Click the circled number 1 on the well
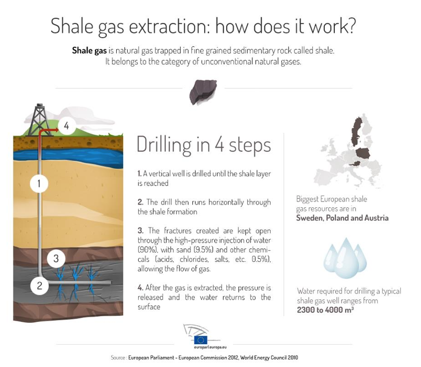coord(39,183)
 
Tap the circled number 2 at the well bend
coord(40,285)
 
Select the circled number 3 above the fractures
coord(56,258)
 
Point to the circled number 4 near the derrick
coord(66,125)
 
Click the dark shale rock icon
coord(203,92)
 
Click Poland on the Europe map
coord(363,153)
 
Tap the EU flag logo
coord(201,340)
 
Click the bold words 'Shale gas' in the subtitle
coord(89,51)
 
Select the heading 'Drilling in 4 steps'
coord(204,145)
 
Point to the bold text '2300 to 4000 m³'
coord(325,310)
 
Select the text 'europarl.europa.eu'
coord(210,347)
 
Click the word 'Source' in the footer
coord(118,357)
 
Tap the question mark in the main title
coord(350,26)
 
